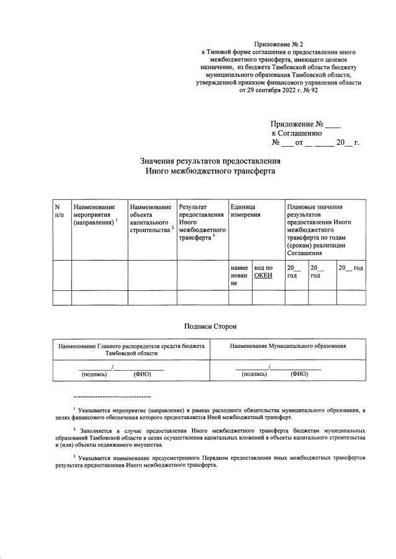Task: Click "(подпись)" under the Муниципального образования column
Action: click(253, 374)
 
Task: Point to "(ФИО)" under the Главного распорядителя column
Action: click(143, 374)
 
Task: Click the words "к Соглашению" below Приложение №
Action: click(296, 132)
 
